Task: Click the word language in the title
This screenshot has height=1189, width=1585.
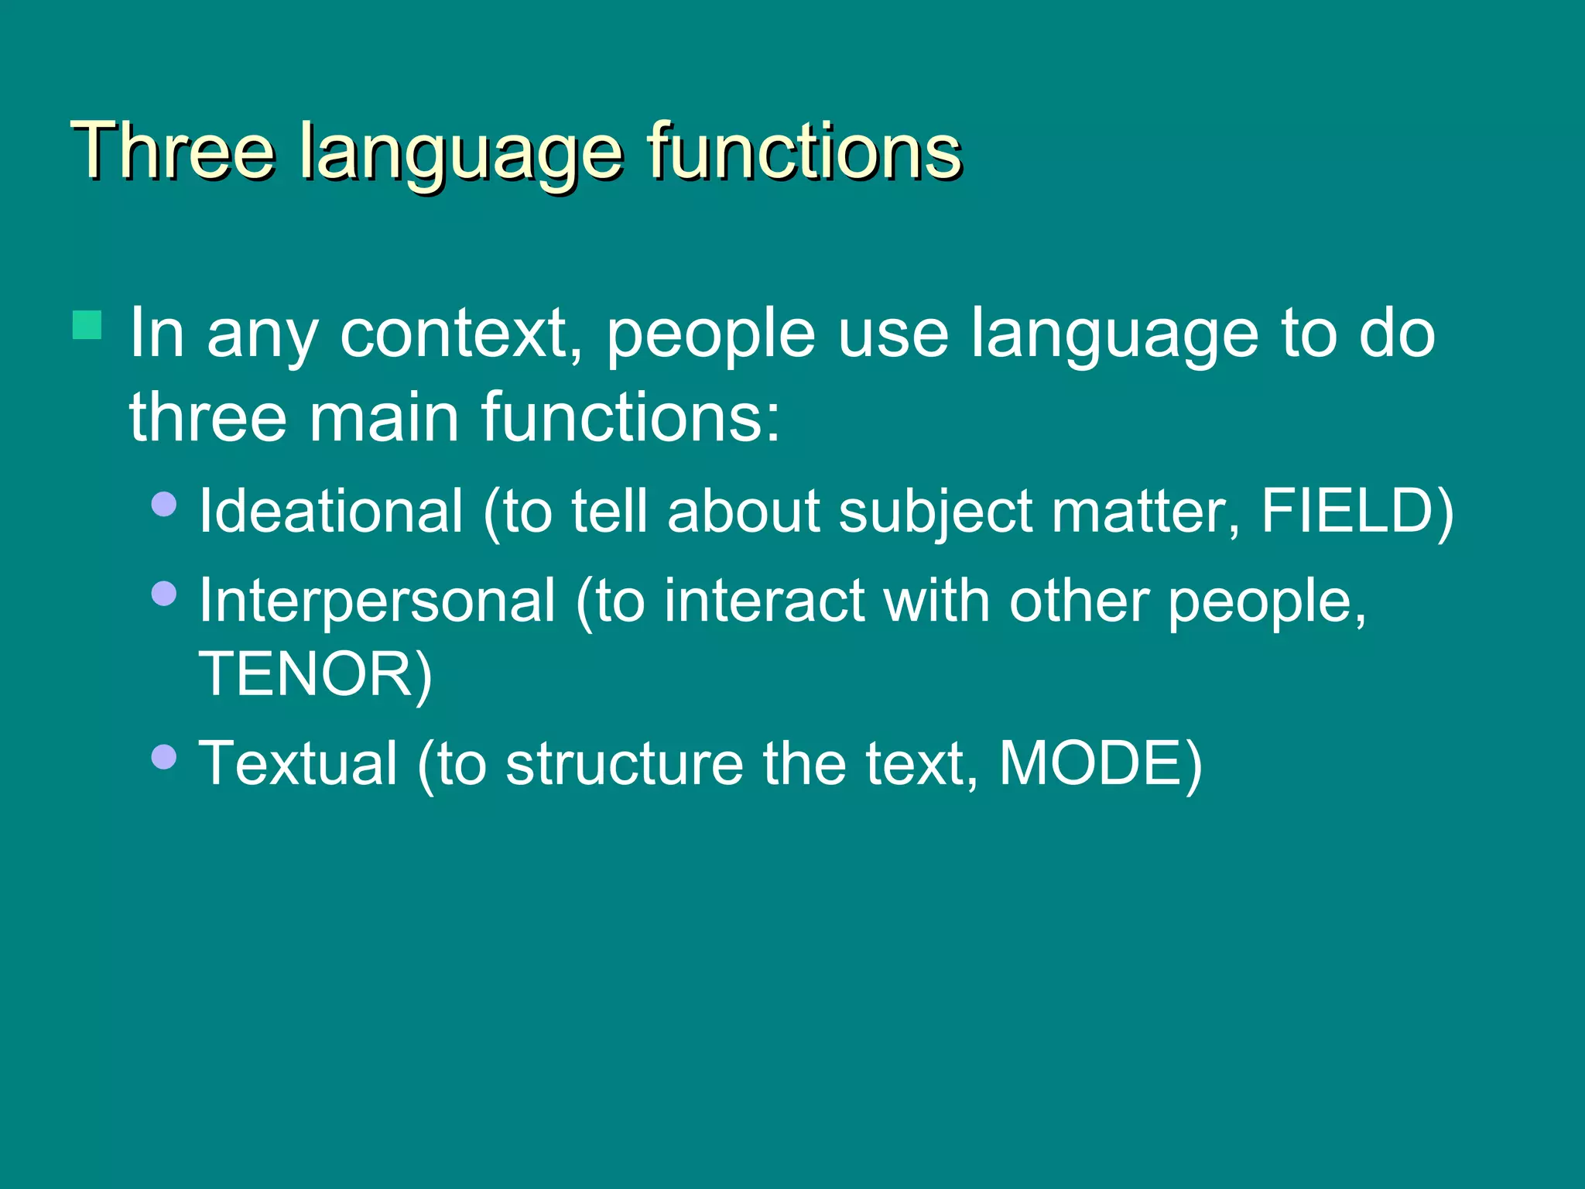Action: (x=460, y=152)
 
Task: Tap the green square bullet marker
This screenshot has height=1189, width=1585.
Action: (x=87, y=325)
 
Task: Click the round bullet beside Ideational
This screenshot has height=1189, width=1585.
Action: (x=164, y=505)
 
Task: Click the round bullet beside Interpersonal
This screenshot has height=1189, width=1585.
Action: (x=164, y=594)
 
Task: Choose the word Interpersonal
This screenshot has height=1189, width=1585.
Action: (x=377, y=601)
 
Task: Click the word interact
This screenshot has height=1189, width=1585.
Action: (x=764, y=601)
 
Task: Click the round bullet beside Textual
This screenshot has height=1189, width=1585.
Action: (x=164, y=756)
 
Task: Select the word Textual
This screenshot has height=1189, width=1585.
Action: (x=298, y=763)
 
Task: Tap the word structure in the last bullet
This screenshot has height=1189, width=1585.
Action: (x=624, y=764)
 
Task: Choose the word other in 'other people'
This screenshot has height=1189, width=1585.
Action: (x=1079, y=601)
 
